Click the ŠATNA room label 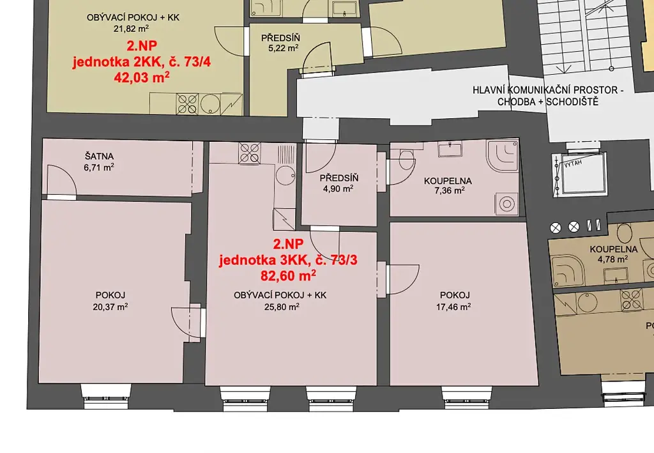pos(99,157)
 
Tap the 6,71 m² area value pos(99,167)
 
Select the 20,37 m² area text pos(110,307)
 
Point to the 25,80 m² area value pos(282,307)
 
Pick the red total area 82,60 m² pos(288,276)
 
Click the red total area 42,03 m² pos(142,77)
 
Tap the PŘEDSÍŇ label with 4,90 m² pos(339,178)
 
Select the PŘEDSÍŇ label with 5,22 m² pos(281,38)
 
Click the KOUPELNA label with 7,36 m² pos(448,181)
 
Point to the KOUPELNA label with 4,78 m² pos(614,249)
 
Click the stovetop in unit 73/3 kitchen pos(250,153)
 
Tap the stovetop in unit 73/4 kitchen pos(187,104)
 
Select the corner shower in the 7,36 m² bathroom pos(503,156)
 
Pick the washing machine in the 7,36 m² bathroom pos(506,204)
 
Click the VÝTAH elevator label pos(573,163)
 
